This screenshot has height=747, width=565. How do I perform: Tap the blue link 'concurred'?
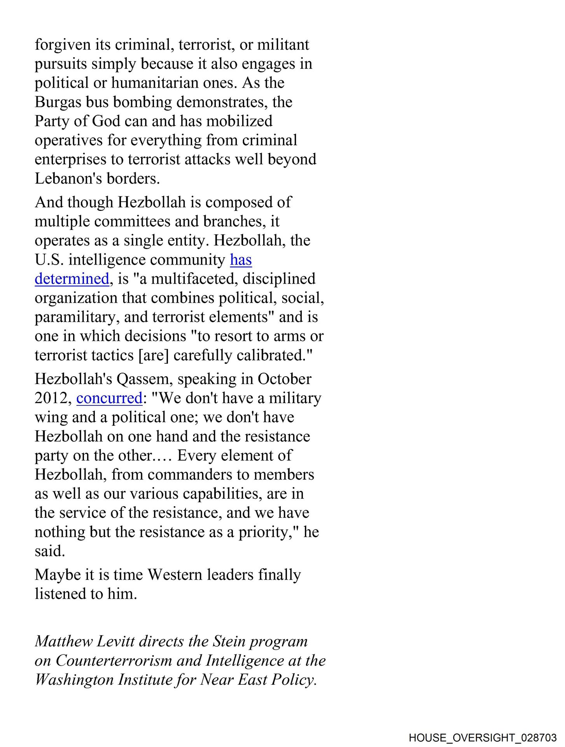coord(109,398)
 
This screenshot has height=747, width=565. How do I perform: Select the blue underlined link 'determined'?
coord(72,279)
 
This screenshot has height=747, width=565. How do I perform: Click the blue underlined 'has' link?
coord(241,260)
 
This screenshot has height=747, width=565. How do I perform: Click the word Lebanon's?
coord(68,179)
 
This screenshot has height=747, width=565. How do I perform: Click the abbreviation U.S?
coord(49,260)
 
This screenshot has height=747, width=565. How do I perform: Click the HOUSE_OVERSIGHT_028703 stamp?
coord(483,738)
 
